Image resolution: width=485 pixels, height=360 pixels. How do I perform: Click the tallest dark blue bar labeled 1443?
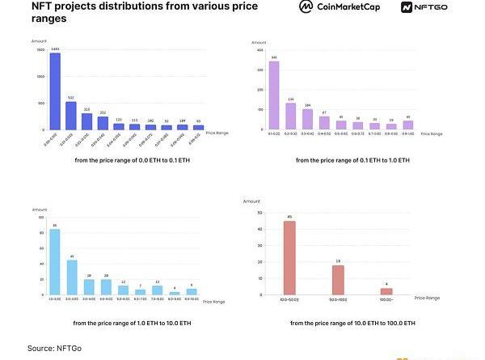[x=55, y=91]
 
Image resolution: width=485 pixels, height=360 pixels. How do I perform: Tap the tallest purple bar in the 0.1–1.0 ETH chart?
[x=274, y=95]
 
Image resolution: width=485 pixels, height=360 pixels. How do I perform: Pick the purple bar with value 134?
[x=291, y=116]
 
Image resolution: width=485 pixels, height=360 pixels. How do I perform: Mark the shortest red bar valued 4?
[x=386, y=292]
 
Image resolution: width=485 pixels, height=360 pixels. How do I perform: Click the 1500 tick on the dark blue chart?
[x=40, y=51]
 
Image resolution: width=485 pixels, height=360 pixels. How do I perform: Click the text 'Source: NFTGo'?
[x=54, y=348]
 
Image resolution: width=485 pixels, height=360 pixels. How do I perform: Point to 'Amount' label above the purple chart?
[x=259, y=42]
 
